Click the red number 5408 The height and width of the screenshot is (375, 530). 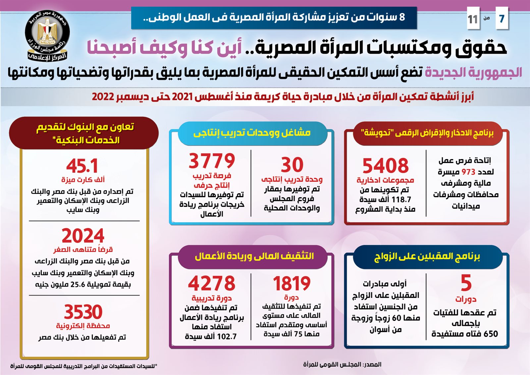point(385,165)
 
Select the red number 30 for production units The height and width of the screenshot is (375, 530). point(292,164)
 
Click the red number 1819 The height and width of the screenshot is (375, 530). point(291,284)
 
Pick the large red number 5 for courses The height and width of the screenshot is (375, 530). point(466,283)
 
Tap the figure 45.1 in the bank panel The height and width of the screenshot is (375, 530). point(82,166)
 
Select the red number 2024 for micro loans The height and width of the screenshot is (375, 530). point(83,236)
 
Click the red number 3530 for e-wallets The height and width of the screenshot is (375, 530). point(83,312)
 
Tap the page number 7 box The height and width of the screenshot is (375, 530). point(502,19)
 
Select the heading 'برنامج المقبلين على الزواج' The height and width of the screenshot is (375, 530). point(427,257)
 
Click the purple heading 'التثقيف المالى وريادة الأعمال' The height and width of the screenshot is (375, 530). point(254,256)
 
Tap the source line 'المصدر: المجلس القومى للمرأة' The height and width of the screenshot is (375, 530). point(342,364)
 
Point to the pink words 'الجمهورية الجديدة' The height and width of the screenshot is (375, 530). point(473,72)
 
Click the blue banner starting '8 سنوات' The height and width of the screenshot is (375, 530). point(274,17)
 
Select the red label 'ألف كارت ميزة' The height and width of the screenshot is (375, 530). point(83,180)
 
